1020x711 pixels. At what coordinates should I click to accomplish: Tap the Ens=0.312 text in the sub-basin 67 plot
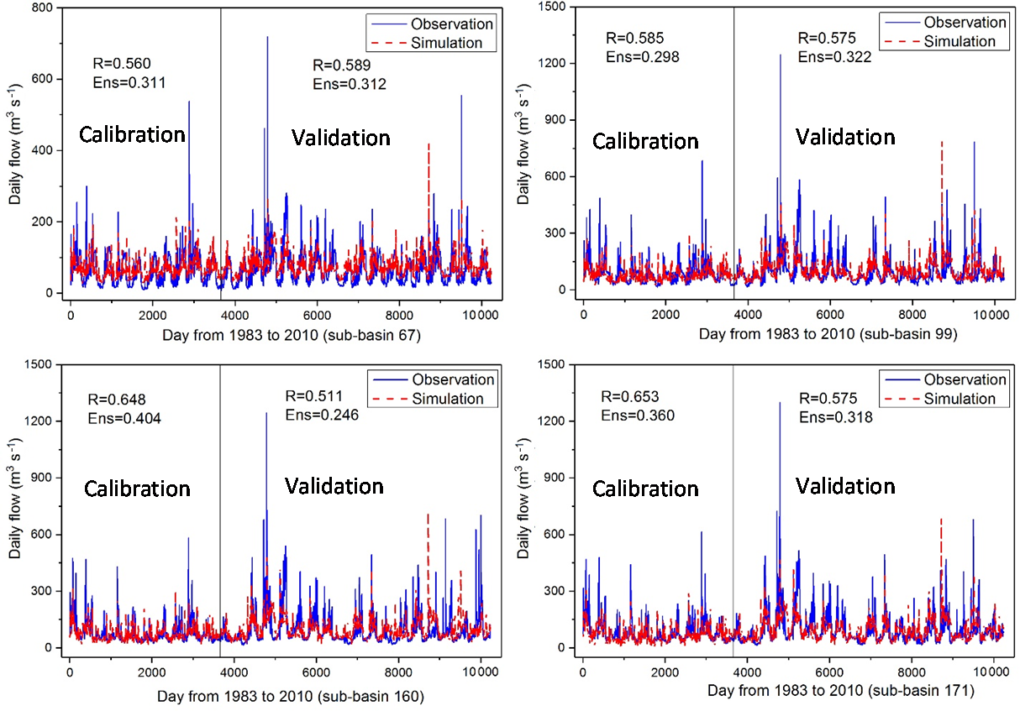point(350,83)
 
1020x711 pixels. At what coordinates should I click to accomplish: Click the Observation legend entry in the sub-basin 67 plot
point(451,24)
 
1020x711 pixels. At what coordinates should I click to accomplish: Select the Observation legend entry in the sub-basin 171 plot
point(964,380)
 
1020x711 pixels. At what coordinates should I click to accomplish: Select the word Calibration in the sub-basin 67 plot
point(132,134)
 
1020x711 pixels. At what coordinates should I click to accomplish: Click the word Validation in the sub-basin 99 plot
point(845,137)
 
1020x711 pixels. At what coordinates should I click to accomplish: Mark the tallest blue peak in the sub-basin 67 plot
point(267,39)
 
